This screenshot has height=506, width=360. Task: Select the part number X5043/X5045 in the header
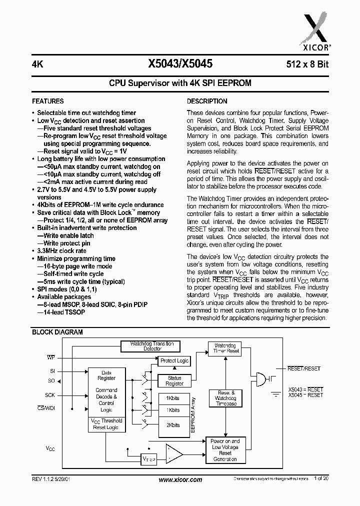pos(180,64)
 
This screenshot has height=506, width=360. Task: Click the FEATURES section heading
pos(48,101)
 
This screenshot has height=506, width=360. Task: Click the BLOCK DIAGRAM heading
pos(57,332)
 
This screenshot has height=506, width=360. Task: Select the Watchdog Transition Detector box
pos(152,346)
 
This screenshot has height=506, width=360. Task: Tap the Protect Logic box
pos(174,360)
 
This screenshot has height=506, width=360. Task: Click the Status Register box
pos(174,381)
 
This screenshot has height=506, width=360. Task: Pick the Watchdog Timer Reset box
pos(226,348)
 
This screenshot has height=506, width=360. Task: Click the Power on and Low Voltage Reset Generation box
pos(225,450)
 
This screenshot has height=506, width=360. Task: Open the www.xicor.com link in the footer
pos(180,480)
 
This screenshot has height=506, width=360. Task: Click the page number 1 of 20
pos(321,479)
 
